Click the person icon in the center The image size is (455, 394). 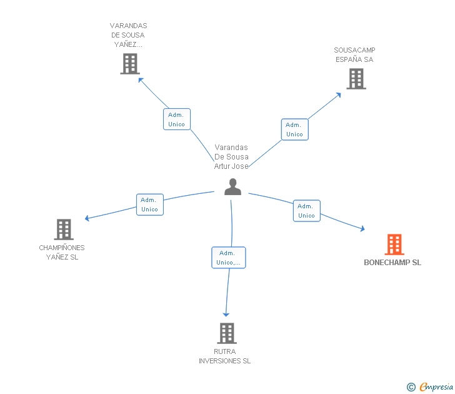(x=232, y=187)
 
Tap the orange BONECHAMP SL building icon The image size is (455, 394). (x=394, y=245)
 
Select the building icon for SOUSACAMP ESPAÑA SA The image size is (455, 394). (x=356, y=79)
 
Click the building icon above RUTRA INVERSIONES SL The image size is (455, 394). (x=226, y=333)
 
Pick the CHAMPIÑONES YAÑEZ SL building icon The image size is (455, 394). (x=63, y=230)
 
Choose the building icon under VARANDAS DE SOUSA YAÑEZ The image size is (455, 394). (x=129, y=64)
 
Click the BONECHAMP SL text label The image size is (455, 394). (x=392, y=263)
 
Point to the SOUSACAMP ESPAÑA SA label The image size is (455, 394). (x=354, y=55)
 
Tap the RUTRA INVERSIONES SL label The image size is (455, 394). (x=224, y=356)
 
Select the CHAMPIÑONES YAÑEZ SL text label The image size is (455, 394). (x=62, y=253)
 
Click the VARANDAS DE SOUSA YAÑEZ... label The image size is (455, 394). (x=128, y=35)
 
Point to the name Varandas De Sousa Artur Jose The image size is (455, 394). (x=231, y=157)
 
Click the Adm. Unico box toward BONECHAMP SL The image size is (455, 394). (x=306, y=211)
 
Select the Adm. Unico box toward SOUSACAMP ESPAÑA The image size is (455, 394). (x=294, y=129)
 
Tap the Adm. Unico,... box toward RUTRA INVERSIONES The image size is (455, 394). (x=229, y=258)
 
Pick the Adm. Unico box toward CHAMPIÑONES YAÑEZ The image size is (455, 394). (x=149, y=205)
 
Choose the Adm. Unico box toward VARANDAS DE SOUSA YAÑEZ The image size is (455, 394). (x=177, y=119)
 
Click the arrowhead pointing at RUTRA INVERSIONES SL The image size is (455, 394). (x=226, y=314)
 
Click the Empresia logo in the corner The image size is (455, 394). (x=430, y=387)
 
